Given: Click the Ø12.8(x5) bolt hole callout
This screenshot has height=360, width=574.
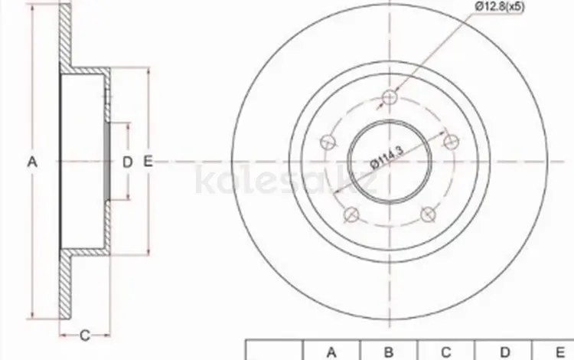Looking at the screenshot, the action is tap(499, 6).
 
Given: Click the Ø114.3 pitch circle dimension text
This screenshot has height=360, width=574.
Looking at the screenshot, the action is tap(386, 157).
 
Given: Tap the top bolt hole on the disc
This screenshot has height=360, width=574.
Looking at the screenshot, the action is tap(389, 97).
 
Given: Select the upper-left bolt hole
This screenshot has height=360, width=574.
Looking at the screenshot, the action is tap(328, 142).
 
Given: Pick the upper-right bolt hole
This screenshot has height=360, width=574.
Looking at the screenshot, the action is tap(451, 142).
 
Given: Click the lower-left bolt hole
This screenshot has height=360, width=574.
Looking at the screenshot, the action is tap(351, 214).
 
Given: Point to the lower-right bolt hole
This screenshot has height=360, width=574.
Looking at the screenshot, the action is tap(428, 214).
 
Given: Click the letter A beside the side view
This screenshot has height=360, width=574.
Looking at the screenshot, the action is tap(32, 162).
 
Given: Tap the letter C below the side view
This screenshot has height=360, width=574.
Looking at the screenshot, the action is tap(84, 335).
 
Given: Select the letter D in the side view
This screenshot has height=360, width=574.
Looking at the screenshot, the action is tap(127, 162).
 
